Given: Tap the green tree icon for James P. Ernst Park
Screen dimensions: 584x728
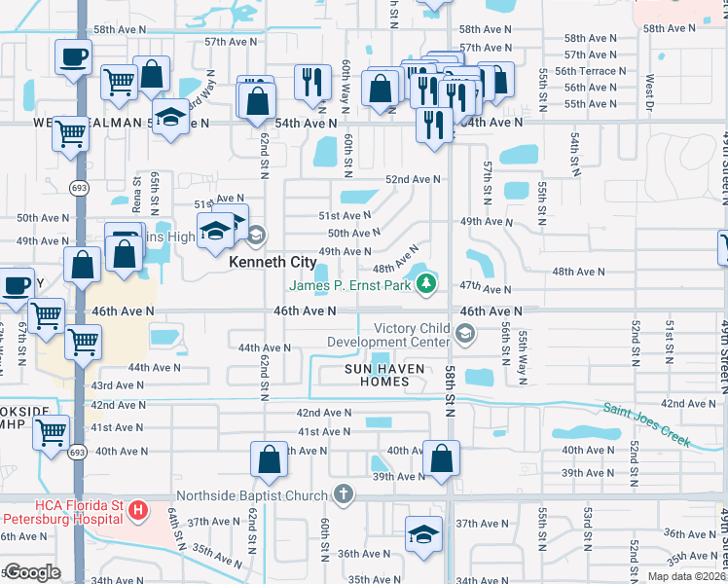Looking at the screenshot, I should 425,284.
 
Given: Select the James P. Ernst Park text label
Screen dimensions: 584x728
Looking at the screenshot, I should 350,285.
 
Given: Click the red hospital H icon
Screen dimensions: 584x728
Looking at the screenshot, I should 138,509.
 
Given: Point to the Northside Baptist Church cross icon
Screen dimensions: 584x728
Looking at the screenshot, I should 342,495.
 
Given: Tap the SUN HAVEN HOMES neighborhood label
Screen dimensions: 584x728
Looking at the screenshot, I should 378,375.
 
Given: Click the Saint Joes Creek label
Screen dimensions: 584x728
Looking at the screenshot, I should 646,425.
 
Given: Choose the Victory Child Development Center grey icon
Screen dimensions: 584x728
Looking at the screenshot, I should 465,335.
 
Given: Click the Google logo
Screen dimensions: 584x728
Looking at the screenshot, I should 32,572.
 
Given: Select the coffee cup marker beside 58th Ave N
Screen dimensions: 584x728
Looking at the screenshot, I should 73,57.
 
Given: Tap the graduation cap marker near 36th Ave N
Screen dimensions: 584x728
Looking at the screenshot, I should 423,534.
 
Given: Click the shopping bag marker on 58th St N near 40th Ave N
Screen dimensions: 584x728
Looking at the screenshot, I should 442,457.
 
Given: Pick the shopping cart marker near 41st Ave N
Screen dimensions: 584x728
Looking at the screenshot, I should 52,431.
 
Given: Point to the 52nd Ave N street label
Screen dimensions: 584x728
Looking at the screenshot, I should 414,179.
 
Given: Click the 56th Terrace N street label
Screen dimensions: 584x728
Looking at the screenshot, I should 584,71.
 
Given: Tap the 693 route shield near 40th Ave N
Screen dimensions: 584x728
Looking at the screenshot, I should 77,452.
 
